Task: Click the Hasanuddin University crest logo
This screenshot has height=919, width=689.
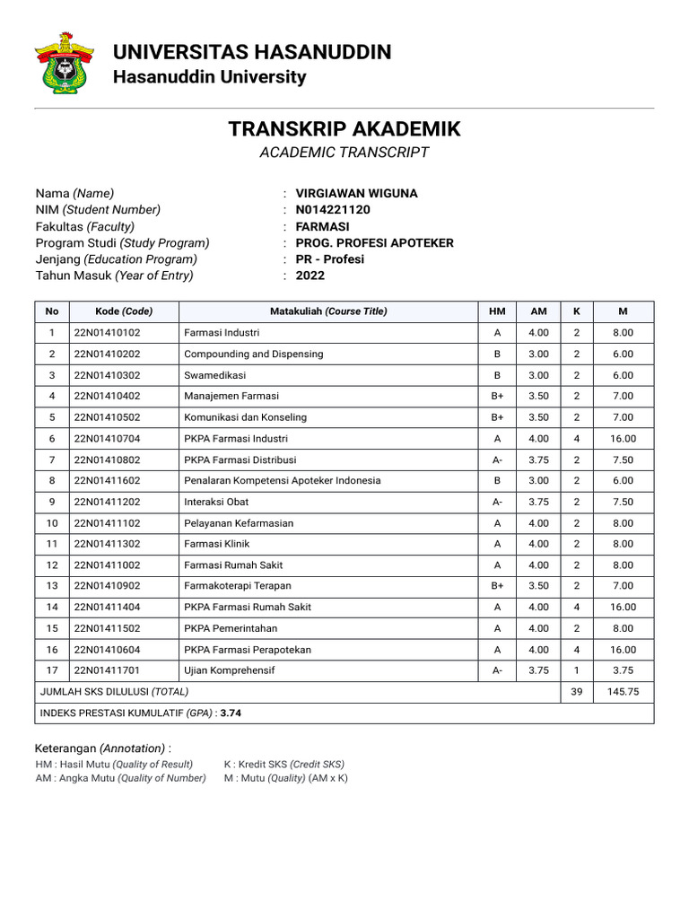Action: [64, 63]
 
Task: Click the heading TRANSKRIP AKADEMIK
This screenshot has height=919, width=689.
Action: [344, 129]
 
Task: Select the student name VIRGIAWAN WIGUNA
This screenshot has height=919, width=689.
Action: [356, 193]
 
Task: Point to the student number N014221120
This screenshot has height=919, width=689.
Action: [333, 210]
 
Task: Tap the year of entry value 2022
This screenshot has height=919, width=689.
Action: [310, 276]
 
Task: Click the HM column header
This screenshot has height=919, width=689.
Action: [497, 311]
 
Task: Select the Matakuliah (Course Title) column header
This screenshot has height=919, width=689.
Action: [328, 311]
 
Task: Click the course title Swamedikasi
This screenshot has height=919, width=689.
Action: [214, 375]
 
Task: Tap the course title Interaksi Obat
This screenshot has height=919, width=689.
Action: [216, 502]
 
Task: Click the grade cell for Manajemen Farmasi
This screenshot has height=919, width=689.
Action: [497, 396]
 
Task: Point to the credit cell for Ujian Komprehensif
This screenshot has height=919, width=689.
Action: [577, 670]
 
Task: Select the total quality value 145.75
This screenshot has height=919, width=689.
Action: [624, 692]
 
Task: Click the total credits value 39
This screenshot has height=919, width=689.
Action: [577, 692]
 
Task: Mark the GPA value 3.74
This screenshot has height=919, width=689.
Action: [231, 713]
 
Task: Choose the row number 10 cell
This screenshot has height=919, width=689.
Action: [52, 523]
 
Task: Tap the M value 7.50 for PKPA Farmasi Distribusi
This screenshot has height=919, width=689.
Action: [624, 459]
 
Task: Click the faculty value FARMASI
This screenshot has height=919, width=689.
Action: [322, 226]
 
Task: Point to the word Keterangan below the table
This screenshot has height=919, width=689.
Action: [65, 748]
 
